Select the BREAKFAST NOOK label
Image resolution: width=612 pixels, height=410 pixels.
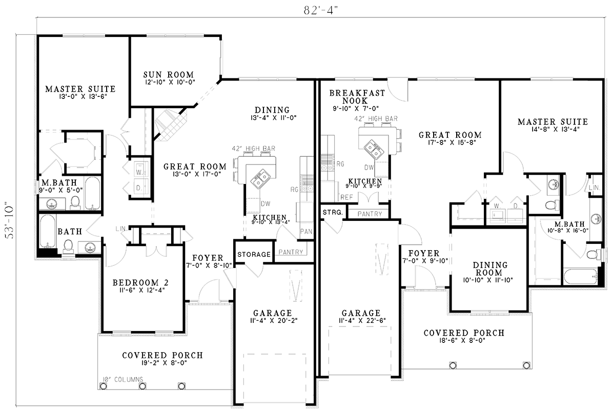pyautogui.click(x=350, y=97)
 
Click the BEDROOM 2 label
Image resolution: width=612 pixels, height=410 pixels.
pyautogui.click(x=141, y=282)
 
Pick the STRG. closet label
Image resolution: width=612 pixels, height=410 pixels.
pyautogui.click(x=333, y=213)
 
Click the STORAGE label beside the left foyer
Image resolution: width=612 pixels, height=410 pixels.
pyautogui.click(x=254, y=254)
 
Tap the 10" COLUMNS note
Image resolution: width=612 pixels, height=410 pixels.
pyautogui.click(x=123, y=379)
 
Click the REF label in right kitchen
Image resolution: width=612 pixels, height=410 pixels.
pyautogui.click(x=346, y=197)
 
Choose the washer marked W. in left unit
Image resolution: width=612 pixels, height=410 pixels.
pyautogui.click(x=139, y=172)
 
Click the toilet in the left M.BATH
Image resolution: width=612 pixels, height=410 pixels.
pyautogui.click(x=75, y=201)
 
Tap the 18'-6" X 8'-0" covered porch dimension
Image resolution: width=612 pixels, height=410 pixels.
pyautogui.click(x=463, y=341)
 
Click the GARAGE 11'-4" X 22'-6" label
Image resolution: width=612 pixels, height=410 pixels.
pyautogui.click(x=361, y=317)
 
